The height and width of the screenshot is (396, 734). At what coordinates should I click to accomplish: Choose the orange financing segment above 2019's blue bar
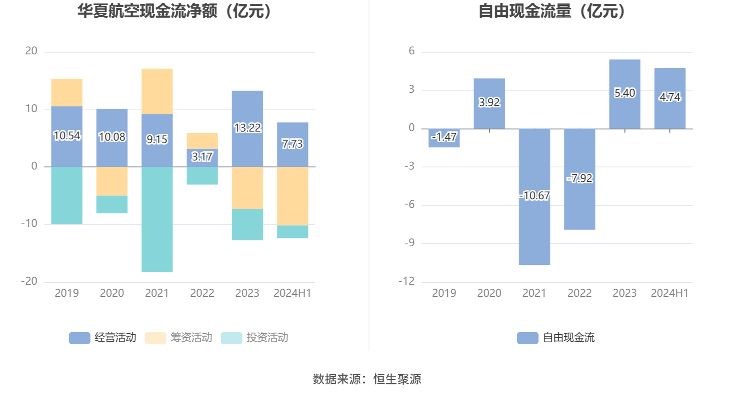coord(66,92)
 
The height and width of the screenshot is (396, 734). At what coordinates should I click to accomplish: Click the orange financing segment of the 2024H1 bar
coord(292,196)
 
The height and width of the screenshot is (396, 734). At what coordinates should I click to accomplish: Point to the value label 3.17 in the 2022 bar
coord(202,157)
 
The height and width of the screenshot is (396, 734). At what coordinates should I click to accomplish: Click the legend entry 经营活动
coord(103,338)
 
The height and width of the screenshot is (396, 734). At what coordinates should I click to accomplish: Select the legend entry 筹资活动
coord(179,338)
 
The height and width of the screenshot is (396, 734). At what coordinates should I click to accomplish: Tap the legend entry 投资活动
coord(255,338)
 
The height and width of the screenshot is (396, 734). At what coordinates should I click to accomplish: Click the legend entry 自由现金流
coord(556,338)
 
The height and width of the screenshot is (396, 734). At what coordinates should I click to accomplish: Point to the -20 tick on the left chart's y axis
coord(29,281)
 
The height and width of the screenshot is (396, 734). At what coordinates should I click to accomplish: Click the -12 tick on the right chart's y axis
coord(406,281)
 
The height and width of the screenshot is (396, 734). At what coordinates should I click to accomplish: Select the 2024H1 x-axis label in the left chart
coord(292,293)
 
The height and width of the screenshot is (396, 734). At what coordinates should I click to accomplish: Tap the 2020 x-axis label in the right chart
coord(489,293)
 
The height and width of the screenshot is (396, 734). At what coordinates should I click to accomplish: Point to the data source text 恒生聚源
coord(397,379)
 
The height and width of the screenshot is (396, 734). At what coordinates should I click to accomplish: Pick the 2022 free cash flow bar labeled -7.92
coord(579,203)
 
